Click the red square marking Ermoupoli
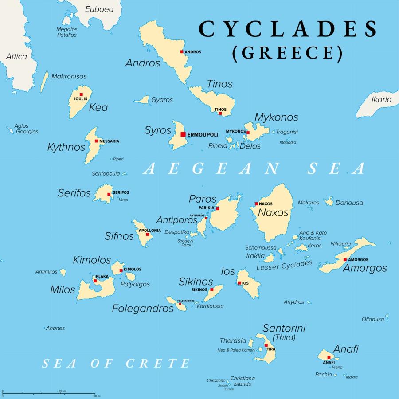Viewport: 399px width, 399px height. tap(183, 134)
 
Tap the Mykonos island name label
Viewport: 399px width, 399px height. tap(276, 117)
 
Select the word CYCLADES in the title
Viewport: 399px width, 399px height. tap(288, 29)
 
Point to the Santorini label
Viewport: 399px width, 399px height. tap(284, 329)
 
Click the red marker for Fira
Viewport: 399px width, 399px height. tap(266, 345)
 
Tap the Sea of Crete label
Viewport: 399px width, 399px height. tap(116, 364)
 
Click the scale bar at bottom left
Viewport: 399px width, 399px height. tap(49, 393)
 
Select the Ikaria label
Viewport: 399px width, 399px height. tap(382, 100)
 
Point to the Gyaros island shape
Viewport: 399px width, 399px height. tap(142, 100)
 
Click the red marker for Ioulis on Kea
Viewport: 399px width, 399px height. tap(81, 94)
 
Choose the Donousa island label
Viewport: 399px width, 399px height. tap(349, 203)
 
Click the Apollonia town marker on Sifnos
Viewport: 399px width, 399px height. tap(148, 234)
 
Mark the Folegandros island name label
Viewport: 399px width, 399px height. tap(142, 309)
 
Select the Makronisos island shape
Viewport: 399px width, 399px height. tap(44, 82)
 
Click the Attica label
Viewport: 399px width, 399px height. tap(16, 56)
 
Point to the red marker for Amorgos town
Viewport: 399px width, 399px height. tap(345, 259)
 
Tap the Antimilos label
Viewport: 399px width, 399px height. tap(47, 272)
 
